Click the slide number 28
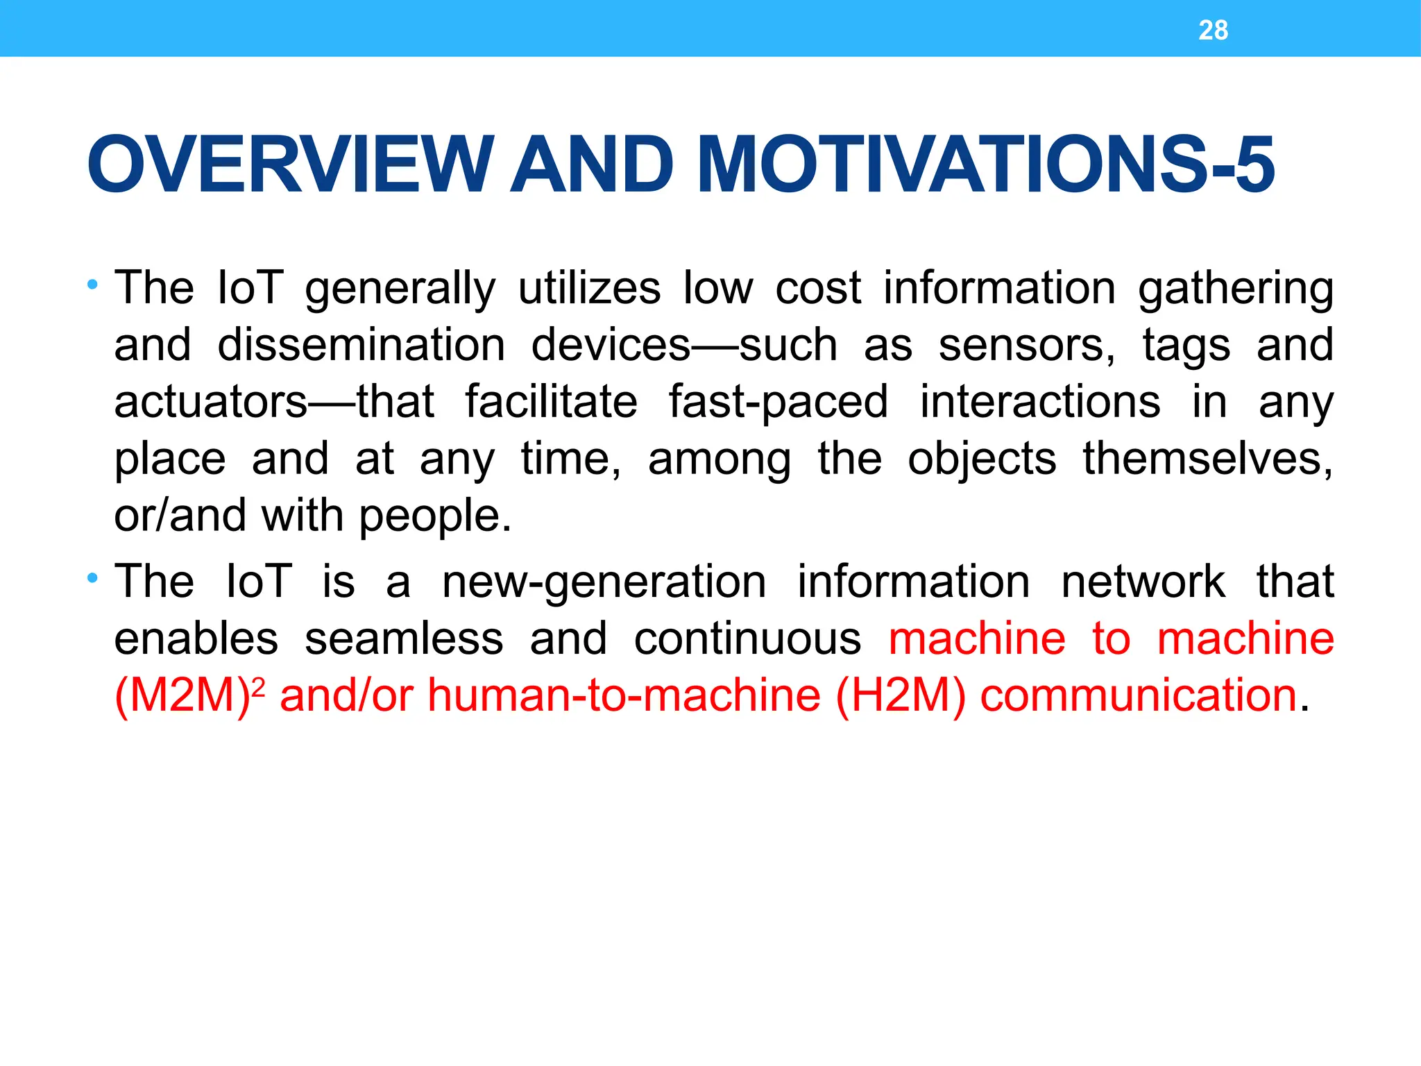tap(1213, 31)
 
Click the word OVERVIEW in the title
tap(290, 164)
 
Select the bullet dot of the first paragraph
tap(92, 285)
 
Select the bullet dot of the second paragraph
tap(92, 577)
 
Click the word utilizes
tap(589, 288)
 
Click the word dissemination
tap(361, 345)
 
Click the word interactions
tap(1039, 402)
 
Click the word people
tap(435, 518)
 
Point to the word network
tap(1142, 582)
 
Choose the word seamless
tap(404, 639)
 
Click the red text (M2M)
tap(182, 696)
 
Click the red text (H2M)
tap(900, 696)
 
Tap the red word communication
tap(1138, 696)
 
